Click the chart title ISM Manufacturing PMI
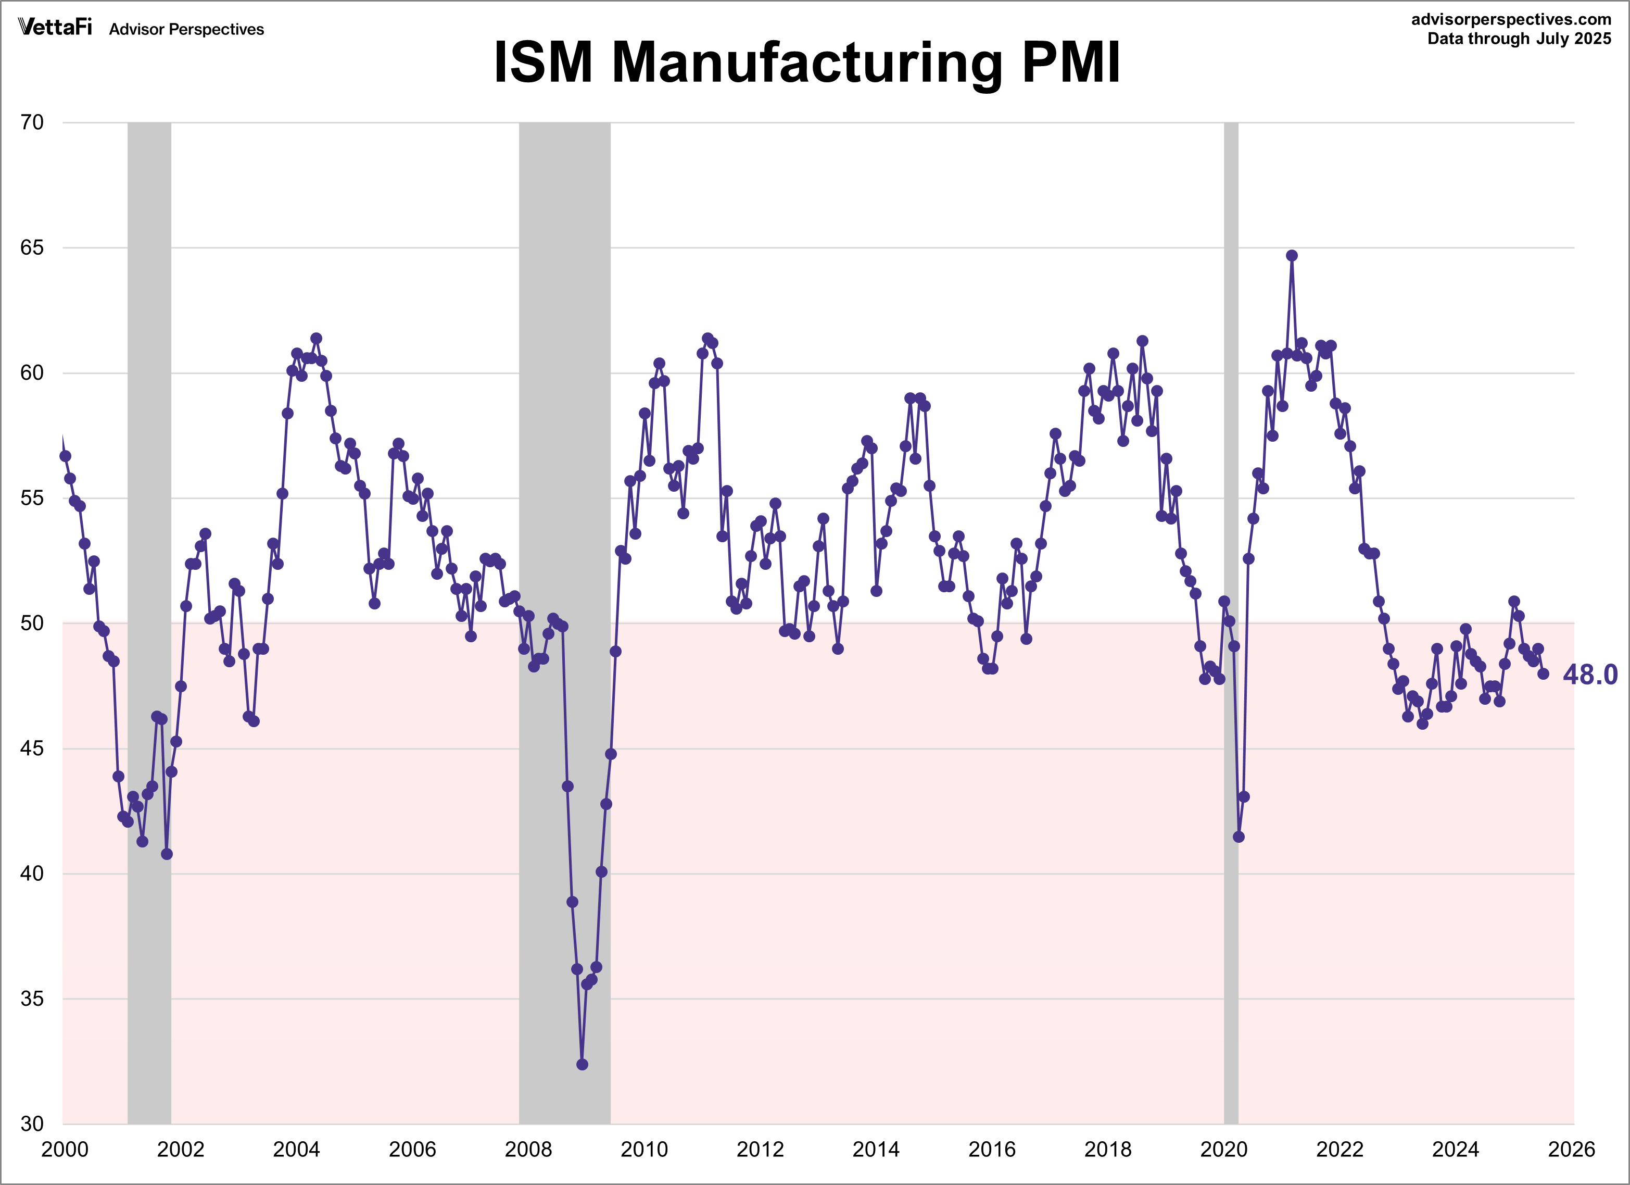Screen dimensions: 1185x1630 tap(806, 63)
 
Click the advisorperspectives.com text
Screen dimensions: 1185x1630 tap(1511, 19)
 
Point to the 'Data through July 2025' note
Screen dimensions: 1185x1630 tap(1519, 39)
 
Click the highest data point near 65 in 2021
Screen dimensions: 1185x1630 tap(1292, 255)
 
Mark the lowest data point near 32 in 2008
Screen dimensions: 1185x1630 tap(582, 1064)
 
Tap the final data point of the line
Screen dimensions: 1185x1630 tap(1543, 673)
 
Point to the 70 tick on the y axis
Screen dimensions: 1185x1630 tap(32, 122)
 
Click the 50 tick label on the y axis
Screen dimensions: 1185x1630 tap(32, 623)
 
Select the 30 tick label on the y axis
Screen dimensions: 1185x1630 tap(32, 1124)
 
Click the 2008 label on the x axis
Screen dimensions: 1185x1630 tap(528, 1150)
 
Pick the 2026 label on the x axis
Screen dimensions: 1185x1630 tap(1572, 1150)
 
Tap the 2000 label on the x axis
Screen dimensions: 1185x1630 tap(65, 1150)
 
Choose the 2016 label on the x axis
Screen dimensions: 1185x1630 tap(992, 1150)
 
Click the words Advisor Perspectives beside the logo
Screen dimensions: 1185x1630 tap(186, 30)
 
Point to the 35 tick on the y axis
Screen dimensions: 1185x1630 tap(32, 999)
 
